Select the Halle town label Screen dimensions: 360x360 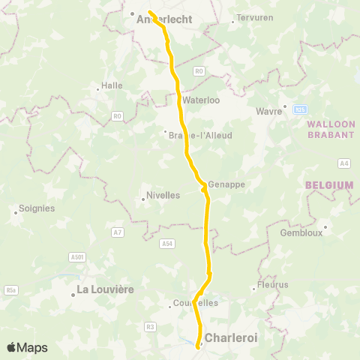[x=112, y=85]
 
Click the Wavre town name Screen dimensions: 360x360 [x=269, y=110]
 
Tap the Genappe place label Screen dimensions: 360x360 [x=226, y=184]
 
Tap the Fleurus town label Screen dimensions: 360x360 [x=272, y=285]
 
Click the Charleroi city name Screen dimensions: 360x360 [x=231, y=338]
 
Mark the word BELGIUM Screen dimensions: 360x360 [x=329, y=185]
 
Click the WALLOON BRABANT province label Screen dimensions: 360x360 [x=331, y=129]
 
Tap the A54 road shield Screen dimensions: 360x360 [x=166, y=243]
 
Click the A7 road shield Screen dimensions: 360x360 [x=117, y=232]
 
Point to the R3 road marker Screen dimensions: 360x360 [x=151, y=326]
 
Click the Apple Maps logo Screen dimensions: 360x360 [x=27, y=347]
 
